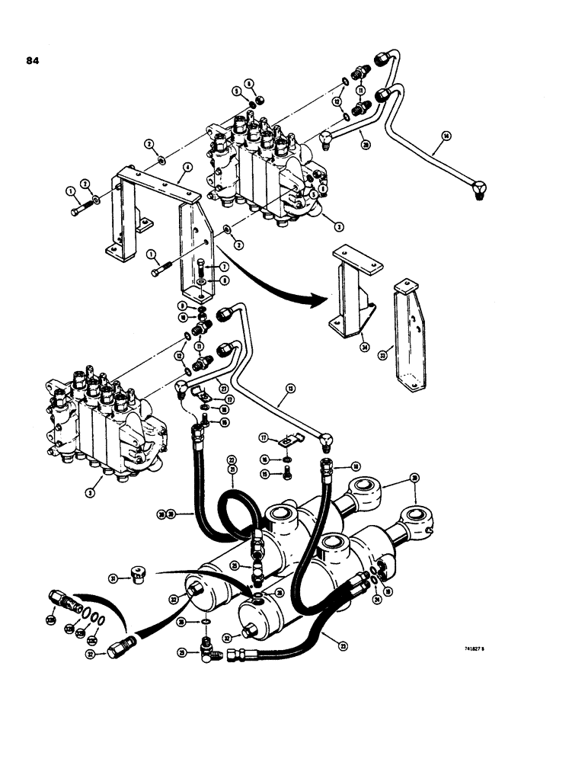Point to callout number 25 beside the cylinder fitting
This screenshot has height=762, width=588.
click(x=235, y=565)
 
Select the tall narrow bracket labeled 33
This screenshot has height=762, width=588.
click(x=407, y=343)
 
